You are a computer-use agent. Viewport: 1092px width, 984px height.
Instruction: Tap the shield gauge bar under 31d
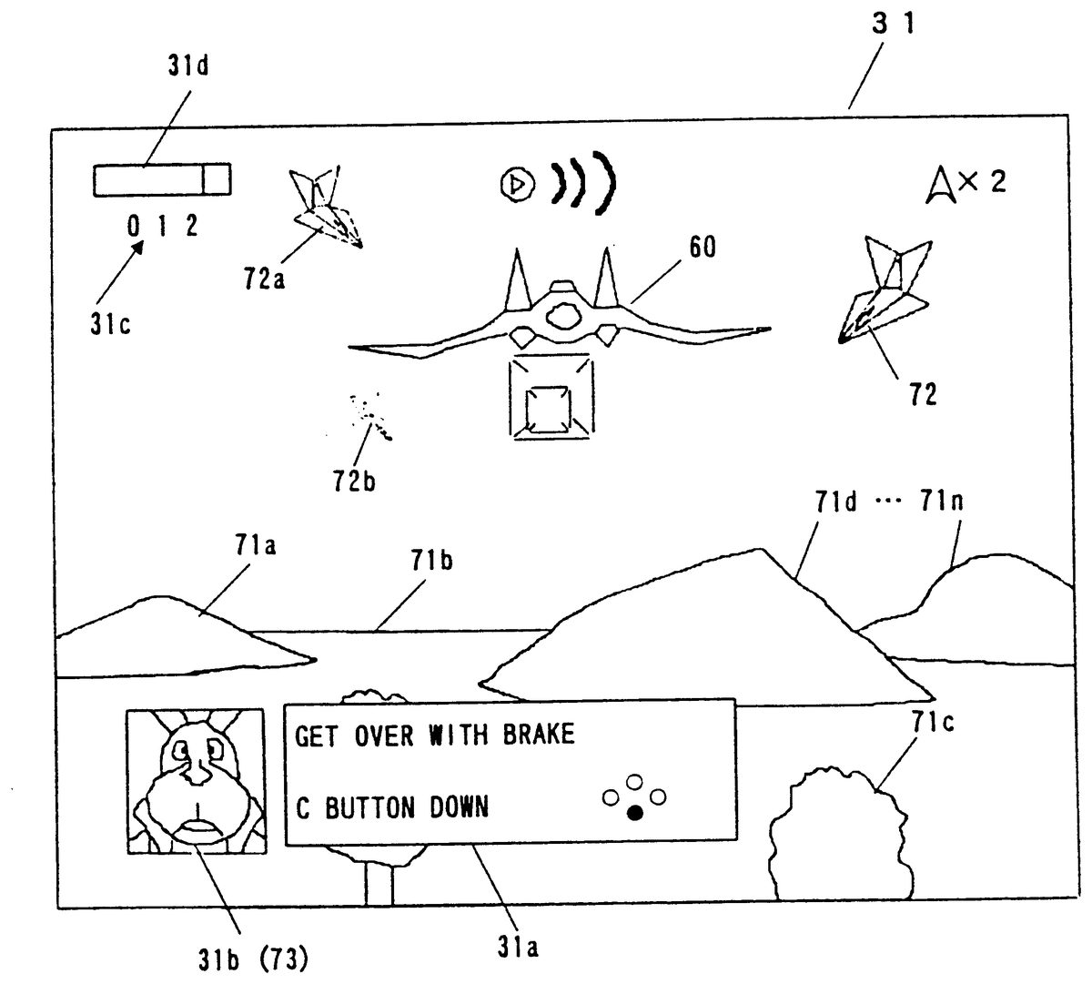click(162, 179)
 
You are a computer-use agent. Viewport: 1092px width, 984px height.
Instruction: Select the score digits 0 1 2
click(163, 227)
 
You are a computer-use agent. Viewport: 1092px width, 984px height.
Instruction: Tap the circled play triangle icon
click(516, 185)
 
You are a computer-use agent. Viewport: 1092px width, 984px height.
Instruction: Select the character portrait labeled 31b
click(196, 781)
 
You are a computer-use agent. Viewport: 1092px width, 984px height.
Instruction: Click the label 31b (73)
click(254, 958)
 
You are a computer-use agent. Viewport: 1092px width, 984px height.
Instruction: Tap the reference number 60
click(702, 247)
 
